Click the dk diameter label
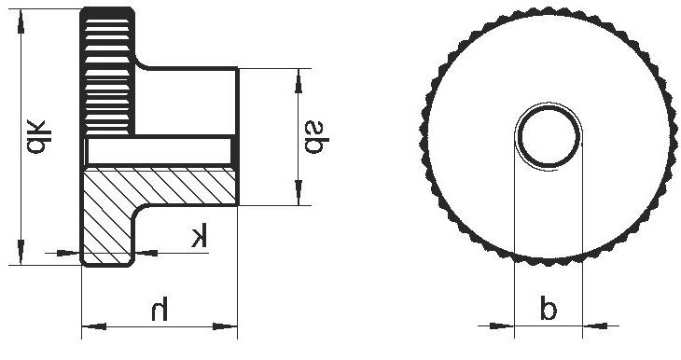38,136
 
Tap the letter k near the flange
200,235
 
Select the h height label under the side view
160,309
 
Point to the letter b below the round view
549,308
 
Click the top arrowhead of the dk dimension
21,21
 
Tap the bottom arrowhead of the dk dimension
21,253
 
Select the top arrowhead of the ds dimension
298,81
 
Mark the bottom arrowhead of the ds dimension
298,192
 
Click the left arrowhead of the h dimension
94,325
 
